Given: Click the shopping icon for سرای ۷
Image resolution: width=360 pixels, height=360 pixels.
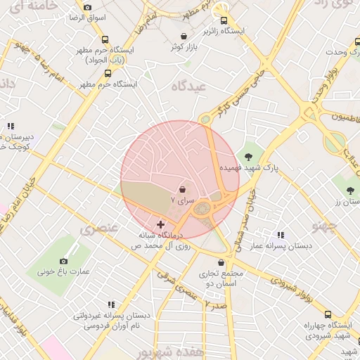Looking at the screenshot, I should coord(183,189).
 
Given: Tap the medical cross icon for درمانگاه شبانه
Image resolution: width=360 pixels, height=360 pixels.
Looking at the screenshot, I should coord(160,224).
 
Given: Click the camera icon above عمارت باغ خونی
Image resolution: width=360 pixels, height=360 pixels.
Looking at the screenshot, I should coord(64,261).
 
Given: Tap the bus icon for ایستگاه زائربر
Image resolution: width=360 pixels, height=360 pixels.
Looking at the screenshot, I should coord(224,20).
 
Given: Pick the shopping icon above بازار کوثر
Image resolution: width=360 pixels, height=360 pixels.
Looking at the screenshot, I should coord(184,36).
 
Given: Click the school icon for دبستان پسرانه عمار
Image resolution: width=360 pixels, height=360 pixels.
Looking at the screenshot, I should coord(281,235).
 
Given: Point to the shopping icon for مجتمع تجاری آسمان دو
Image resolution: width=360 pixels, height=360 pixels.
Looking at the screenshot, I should coord(221,262).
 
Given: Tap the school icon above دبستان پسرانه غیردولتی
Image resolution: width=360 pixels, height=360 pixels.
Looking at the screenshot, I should coord(110,305).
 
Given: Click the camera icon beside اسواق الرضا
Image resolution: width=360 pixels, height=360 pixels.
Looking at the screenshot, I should coord(87,7).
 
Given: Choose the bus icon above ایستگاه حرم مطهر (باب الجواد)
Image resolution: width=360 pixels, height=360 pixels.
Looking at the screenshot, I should coord(105,40).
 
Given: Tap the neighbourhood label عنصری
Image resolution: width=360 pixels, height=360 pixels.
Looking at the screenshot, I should coord(96,229).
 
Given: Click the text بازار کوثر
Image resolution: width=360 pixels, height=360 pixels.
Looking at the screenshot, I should coord(184,47).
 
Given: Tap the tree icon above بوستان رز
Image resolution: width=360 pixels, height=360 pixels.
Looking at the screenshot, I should coord(351,191).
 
